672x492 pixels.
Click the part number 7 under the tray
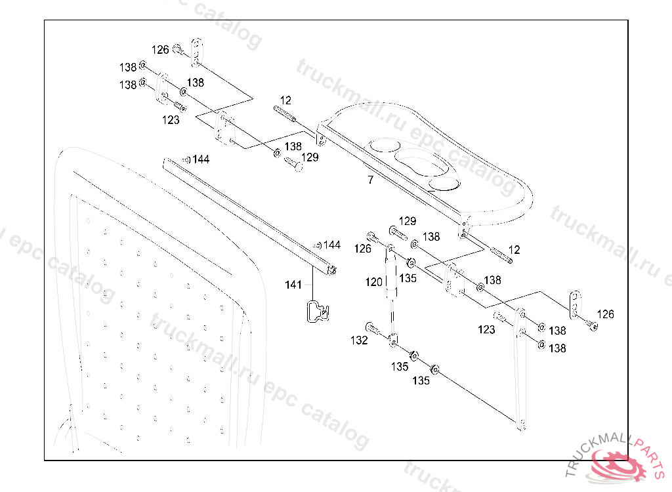click(371, 180)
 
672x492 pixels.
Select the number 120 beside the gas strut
click(373, 282)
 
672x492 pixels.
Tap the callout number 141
click(293, 285)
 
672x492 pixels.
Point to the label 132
click(359, 340)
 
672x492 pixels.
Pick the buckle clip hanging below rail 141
click(318, 311)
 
